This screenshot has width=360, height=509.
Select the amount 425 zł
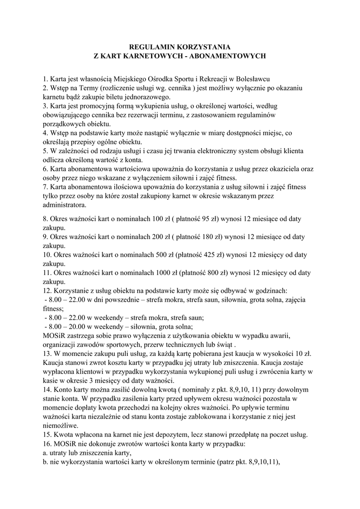pyautogui.click(x=208, y=254)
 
